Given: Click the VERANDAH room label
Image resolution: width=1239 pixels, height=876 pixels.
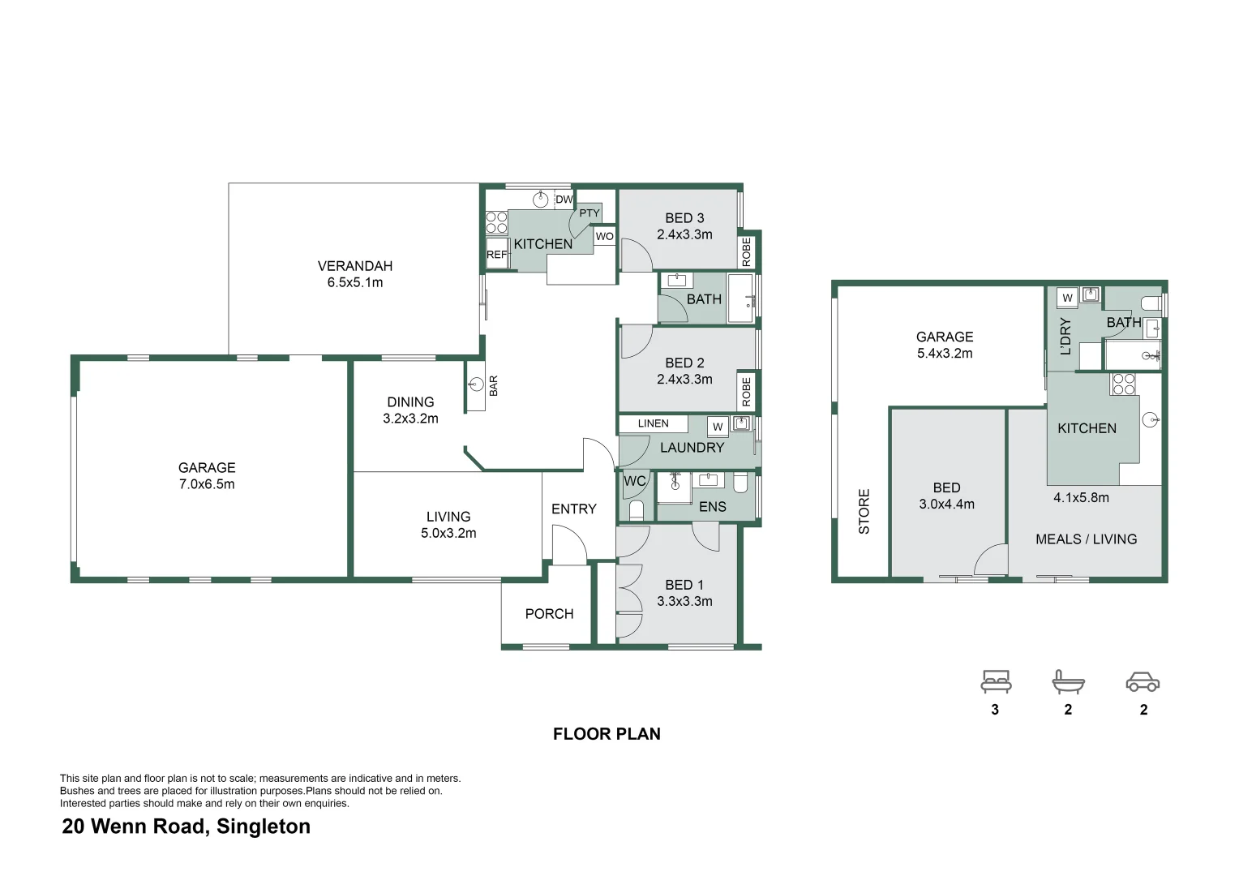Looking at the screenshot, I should tap(354, 266).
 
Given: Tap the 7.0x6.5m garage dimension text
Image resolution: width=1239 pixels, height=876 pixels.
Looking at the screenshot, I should tap(207, 484).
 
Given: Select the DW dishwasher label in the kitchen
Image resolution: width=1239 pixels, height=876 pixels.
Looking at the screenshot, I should tap(564, 200).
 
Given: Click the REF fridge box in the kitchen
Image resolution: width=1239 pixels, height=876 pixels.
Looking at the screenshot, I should tap(496, 254).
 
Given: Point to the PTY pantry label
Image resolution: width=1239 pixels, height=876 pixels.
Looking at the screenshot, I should tap(589, 213).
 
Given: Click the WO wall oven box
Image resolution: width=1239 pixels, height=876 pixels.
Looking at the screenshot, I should tap(604, 236).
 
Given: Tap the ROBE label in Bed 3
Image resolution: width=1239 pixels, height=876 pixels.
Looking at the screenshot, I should tap(746, 251).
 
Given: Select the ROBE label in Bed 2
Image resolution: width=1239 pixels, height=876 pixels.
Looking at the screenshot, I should tap(746, 393).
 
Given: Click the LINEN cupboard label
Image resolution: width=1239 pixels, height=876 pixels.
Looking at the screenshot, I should tap(653, 423).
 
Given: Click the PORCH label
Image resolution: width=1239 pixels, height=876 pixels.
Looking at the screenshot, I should tap(549, 614).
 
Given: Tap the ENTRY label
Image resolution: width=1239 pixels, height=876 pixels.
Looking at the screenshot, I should tap(573, 509).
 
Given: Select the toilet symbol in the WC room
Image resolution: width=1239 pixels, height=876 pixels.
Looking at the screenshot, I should tap(636, 510).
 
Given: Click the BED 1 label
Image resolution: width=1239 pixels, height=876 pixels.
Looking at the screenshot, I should tap(684, 585).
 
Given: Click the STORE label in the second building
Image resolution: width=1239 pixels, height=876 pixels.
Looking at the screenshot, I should tap(864, 511).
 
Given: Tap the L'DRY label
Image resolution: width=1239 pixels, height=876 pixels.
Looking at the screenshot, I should tap(1065, 336).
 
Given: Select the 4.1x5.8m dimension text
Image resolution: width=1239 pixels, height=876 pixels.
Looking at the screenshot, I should tap(1081, 498).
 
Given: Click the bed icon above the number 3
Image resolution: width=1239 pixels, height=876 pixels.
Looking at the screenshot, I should tap(995, 681).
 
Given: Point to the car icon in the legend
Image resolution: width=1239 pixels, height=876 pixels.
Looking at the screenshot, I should tap(1143, 682).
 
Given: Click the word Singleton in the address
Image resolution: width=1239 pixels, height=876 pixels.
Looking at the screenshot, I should tap(264, 827).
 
